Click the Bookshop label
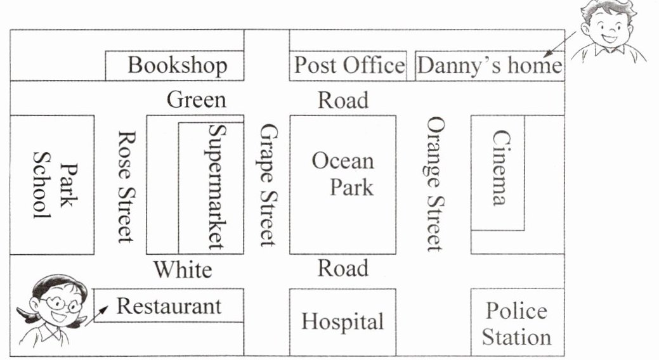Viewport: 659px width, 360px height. [x=177, y=65]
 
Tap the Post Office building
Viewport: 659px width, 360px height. [x=348, y=65]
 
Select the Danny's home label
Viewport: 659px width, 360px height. [x=490, y=65]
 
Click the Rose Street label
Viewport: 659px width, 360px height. [x=126, y=186]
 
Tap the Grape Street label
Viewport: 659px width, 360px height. [x=268, y=185]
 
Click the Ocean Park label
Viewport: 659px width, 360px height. [x=343, y=174]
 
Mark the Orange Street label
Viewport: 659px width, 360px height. [x=434, y=184]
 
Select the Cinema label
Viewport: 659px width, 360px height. [x=499, y=168]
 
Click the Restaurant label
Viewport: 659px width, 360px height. [x=169, y=306]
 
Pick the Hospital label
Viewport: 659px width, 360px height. [x=343, y=321]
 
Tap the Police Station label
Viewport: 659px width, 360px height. [x=516, y=323]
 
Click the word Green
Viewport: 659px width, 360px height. [x=196, y=100]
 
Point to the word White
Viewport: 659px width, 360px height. [x=183, y=270]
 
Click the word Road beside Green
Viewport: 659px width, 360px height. [x=343, y=100]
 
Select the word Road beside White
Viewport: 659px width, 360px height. [x=343, y=268]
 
